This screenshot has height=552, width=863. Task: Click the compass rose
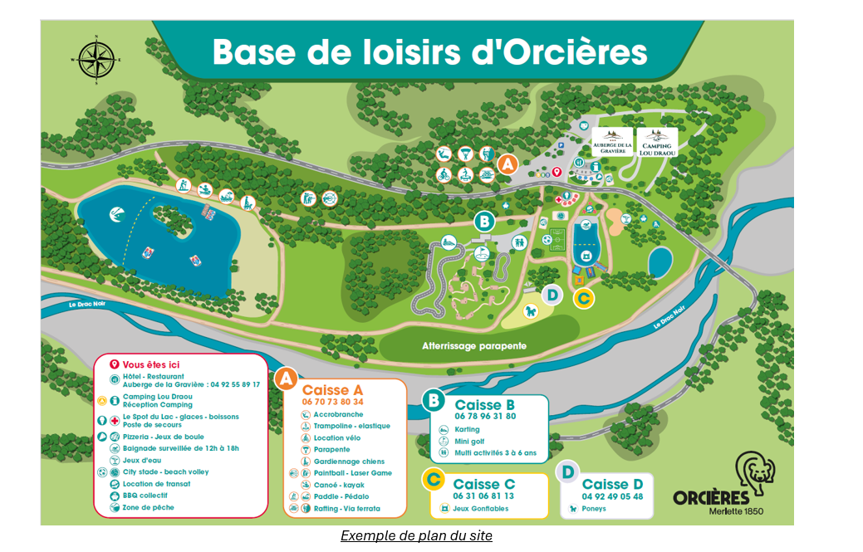point(96,60)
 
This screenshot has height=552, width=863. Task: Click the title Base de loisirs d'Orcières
point(429,51)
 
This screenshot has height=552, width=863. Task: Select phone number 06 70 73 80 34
point(333,402)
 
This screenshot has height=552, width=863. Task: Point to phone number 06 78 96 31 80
point(485,416)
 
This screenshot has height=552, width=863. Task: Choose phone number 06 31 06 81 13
point(483,496)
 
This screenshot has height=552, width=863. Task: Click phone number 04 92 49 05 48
point(612,496)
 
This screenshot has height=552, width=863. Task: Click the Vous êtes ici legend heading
point(150,364)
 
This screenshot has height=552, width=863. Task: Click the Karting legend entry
point(466,429)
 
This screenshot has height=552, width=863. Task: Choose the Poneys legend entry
point(594,509)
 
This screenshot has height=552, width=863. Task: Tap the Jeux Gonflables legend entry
point(480,508)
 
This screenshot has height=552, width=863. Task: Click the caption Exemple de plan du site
point(416,536)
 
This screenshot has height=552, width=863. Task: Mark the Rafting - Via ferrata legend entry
point(346,508)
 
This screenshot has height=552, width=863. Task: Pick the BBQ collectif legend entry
point(146,496)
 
